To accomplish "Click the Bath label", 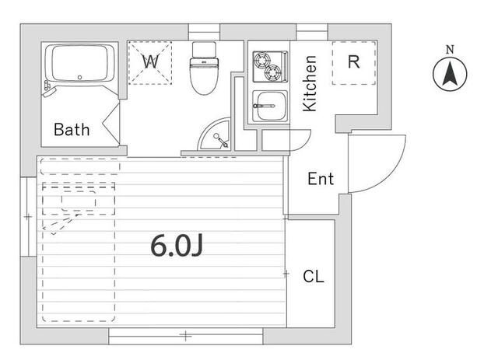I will (72, 130).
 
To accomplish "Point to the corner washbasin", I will (214, 138).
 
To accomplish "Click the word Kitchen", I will (310, 83).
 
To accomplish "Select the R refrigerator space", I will (353, 61).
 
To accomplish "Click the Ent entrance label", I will (320, 179).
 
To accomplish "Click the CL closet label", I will (314, 276).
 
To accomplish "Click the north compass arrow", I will (449, 75).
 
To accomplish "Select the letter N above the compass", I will (449, 49).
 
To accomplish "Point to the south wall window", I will (186, 337).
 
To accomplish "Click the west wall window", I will (27, 216).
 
